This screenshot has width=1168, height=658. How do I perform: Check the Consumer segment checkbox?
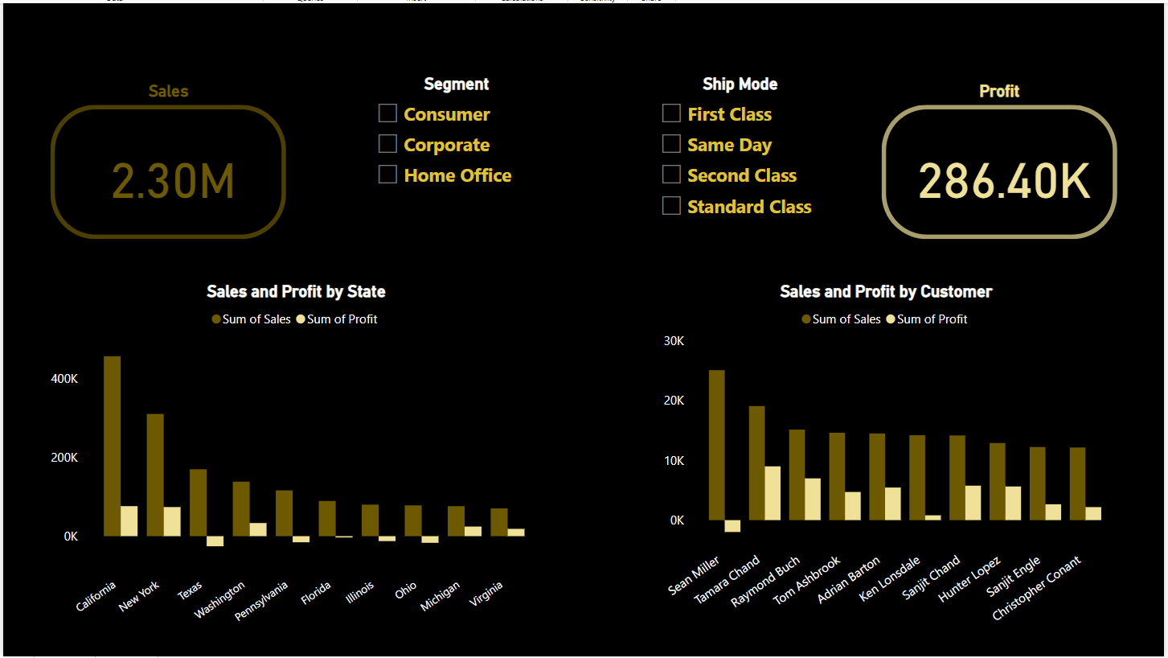click(x=387, y=113)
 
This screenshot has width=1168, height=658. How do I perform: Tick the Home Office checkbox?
click(x=387, y=175)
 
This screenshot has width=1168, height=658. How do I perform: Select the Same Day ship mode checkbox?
click(x=671, y=144)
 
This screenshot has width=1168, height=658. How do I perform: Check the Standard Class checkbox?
click(x=671, y=206)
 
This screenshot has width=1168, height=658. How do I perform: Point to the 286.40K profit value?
click(x=1004, y=181)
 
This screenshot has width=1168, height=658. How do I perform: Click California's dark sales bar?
click(x=112, y=446)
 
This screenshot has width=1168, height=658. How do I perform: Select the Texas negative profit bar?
click(x=215, y=541)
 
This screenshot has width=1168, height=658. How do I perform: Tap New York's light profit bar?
click(x=172, y=521)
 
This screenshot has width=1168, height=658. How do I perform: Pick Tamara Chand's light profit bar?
click(x=772, y=493)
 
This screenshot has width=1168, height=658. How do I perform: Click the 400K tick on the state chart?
click(x=64, y=379)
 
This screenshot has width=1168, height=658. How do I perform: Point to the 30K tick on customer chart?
click(x=674, y=341)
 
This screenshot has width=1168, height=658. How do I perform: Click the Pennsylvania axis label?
click(x=262, y=602)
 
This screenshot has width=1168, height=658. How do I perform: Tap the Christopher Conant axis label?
click(x=1037, y=589)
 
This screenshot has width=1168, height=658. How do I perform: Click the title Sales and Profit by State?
click(x=296, y=291)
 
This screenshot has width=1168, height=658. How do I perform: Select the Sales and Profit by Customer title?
click(x=886, y=291)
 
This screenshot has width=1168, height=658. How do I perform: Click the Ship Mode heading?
click(x=740, y=84)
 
